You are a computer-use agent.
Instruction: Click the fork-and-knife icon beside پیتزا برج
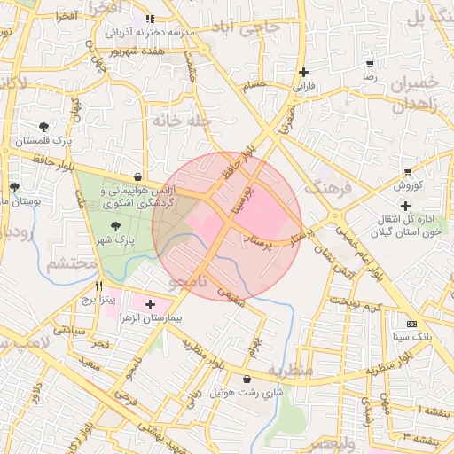coord(98,286)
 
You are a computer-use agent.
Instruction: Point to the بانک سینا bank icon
coord(411,324)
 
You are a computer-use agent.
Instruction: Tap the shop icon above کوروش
coord(408,171)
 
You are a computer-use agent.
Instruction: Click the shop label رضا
coord(369,78)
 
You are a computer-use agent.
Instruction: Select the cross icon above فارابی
coord(304,73)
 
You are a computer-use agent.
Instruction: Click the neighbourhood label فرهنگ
coord(329,187)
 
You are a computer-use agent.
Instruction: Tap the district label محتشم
coord(71,264)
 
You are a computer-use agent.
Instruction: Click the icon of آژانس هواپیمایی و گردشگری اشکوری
coord(137,176)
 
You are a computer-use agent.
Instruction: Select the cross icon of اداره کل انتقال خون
coord(405,206)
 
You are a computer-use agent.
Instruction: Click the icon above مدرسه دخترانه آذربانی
coord(150,19)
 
